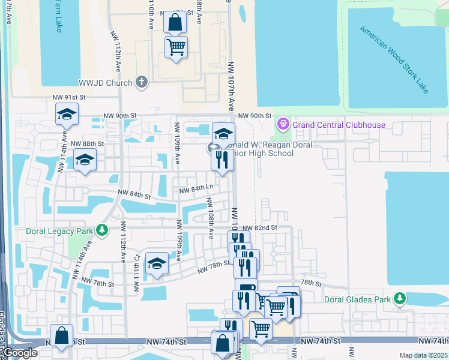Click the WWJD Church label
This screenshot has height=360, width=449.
(x=105, y=82)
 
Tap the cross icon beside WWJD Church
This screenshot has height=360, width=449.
(x=142, y=82)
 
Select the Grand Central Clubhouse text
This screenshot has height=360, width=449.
(x=339, y=125)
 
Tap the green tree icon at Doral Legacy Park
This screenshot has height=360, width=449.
(x=103, y=230)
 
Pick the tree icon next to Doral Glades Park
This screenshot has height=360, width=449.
(x=399, y=299)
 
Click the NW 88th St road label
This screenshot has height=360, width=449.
(x=87, y=144)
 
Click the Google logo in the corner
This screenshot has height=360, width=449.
(x=20, y=353)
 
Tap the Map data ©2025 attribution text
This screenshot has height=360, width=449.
(x=423, y=355)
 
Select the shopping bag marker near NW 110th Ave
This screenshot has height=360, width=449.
(x=175, y=23)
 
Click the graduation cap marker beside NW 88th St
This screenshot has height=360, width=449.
(x=85, y=160)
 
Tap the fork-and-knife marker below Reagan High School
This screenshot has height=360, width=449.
(x=222, y=160)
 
